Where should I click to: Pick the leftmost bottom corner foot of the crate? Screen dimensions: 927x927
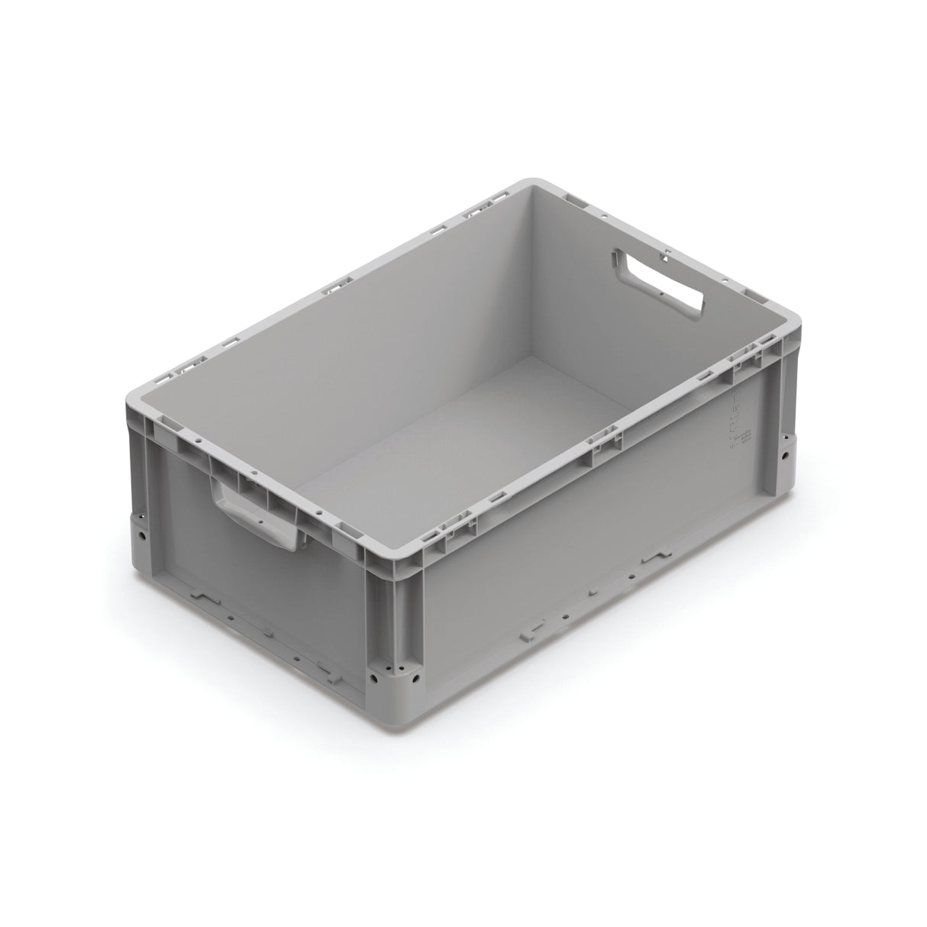click(x=142, y=535)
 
